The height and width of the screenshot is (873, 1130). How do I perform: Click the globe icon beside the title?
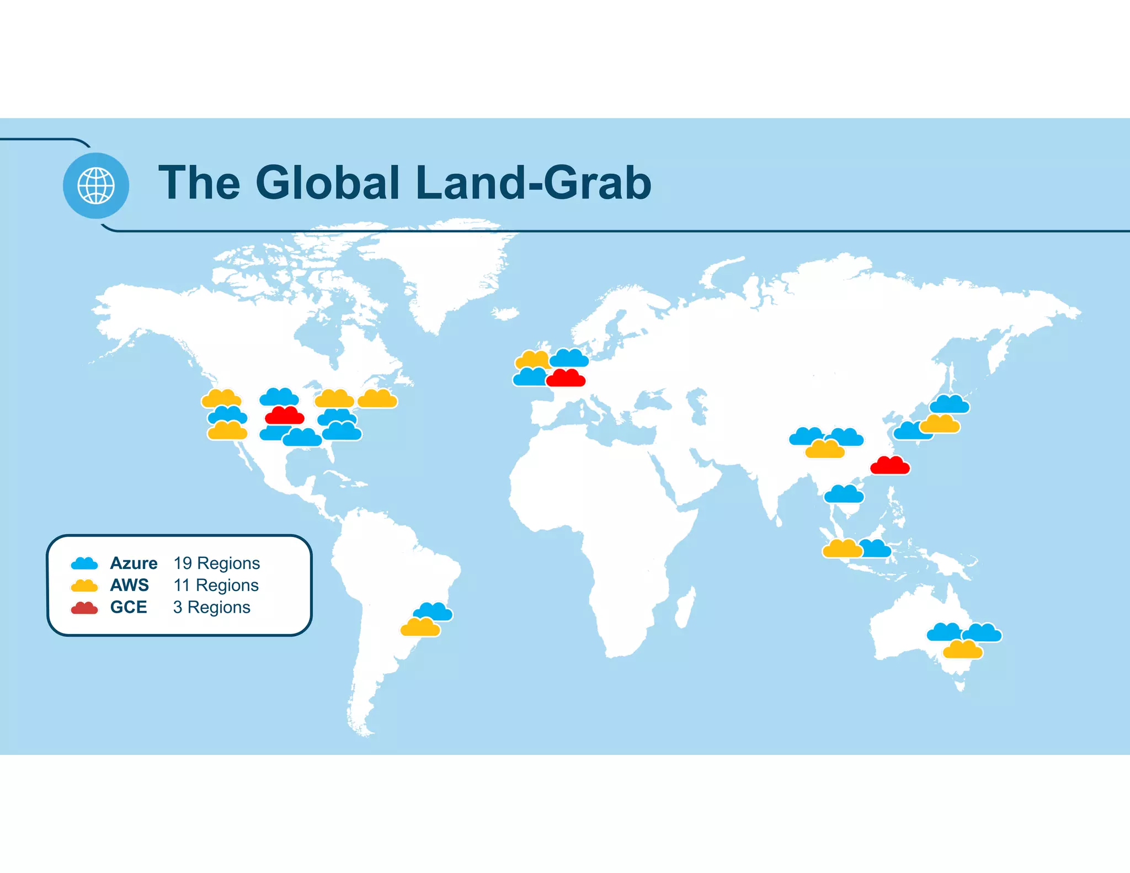click(x=96, y=185)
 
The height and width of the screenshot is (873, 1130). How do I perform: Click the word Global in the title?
click(x=327, y=183)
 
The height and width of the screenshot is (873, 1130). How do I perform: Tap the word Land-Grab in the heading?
click(x=534, y=183)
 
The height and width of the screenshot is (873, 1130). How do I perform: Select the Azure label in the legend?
click(x=134, y=563)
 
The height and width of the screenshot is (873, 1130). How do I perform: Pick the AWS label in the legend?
click(x=130, y=585)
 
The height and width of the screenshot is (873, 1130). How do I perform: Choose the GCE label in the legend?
click(x=129, y=607)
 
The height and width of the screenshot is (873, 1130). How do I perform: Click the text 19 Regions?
click(x=216, y=563)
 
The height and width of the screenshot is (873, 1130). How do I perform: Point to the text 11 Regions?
click(x=216, y=585)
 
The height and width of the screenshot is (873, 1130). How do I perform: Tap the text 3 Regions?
click(x=211, y=607)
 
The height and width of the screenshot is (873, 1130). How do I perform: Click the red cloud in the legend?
click(x=84, y=608)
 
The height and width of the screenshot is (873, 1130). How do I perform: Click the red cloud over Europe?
click(x=566, y=379)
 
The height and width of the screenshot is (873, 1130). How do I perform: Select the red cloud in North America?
click(x=285, y=416)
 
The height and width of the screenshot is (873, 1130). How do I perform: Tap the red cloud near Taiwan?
click(x=890, y=466)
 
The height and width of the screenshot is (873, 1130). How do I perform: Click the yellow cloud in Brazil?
click(x=420, y=628)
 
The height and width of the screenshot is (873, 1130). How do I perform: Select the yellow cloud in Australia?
click(x=963, y=650)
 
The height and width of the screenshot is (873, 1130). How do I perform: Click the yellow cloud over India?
click(x=825, y=450)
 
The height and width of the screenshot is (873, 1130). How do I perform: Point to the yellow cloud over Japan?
click(x=940, y=424)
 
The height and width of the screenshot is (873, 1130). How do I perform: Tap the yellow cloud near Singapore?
click(x=842, y=549)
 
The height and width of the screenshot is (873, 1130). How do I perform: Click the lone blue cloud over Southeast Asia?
click(x=844, y=494)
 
